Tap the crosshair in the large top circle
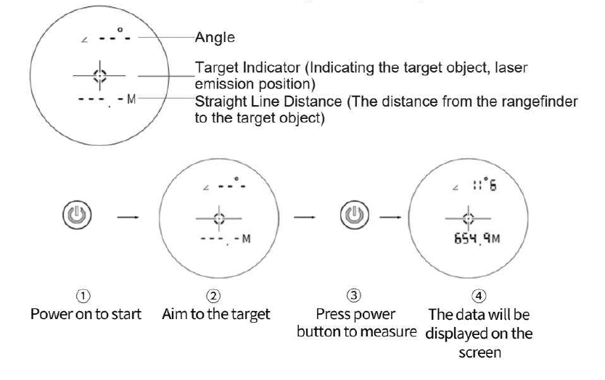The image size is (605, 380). coord(99,75)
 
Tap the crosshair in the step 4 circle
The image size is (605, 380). coord(468,217)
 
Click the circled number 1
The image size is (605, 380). coord(85,296)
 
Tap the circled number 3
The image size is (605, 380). coord(353,296)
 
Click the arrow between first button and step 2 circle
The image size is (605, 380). coord(125,216)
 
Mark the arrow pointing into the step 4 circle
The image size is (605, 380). coord(392,216)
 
